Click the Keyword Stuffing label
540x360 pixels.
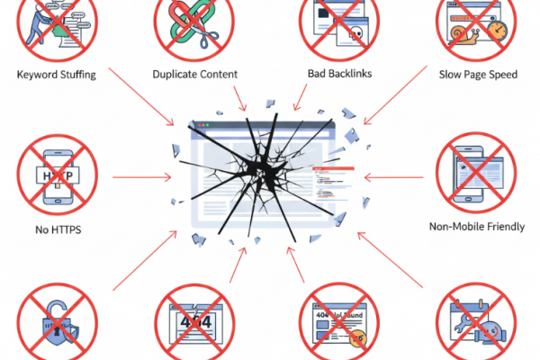[56, 74]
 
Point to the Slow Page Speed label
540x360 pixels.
[477, 74]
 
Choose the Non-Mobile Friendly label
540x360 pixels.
[477, 227]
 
